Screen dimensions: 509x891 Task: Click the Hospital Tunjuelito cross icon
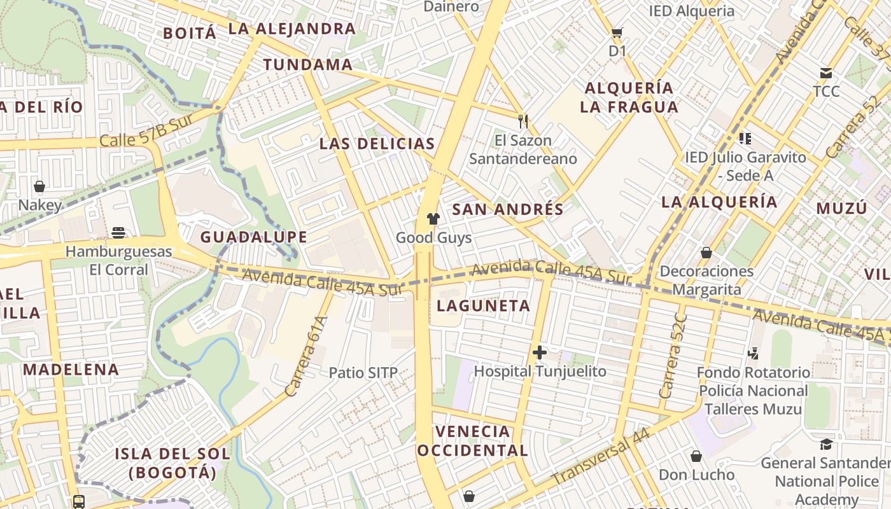540,352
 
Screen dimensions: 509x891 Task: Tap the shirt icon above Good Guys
433,220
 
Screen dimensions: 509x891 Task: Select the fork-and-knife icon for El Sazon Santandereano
523,121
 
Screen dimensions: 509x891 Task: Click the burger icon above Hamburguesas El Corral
118,233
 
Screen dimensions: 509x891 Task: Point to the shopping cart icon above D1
617,32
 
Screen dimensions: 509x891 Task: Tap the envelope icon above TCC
826,73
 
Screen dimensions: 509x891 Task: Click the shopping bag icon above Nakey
39,186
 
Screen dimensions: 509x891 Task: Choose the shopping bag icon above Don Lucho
696,456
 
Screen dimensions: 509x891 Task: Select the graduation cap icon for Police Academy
826,444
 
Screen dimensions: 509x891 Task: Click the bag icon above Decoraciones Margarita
706,253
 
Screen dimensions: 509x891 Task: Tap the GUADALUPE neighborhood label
254,237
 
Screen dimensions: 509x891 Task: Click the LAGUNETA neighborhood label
484,306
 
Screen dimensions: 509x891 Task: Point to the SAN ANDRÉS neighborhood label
508,209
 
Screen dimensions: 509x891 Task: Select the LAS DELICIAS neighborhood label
377,144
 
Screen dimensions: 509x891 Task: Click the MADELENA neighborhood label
71,370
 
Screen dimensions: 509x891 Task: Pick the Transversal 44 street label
600,456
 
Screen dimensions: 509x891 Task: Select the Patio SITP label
363,373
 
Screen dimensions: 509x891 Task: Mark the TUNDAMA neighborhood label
308,64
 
